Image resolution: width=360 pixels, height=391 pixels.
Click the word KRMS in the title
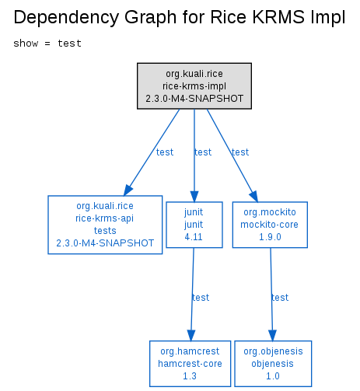point(278,17)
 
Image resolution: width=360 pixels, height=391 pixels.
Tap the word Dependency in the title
point(66,18)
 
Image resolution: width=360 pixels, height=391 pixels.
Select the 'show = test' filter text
point(47,44)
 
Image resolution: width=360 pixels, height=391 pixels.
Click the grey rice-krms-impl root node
point(194,86)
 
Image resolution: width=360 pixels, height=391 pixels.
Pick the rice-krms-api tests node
point(105,225)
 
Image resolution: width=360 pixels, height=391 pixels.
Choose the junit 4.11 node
point(194,225)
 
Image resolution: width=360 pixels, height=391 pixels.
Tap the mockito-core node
point(270,225)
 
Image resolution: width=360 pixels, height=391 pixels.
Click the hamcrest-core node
point(190,364)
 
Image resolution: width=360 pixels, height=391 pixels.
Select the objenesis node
point(273,364)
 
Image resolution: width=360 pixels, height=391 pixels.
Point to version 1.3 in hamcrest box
point(190,376)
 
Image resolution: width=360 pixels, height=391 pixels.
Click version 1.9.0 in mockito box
point(270,237)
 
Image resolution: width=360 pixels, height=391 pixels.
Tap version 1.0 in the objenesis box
point(273,376)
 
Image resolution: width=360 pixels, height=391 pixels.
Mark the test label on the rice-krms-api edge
point(165,152)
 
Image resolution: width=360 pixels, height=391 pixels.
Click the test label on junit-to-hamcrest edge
point(201,298)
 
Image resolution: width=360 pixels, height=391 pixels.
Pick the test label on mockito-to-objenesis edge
point(280,298)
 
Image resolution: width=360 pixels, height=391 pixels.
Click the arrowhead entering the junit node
point(194,197)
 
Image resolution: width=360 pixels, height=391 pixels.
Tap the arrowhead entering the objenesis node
point(272,335)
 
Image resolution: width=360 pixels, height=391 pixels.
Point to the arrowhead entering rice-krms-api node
point(128,190)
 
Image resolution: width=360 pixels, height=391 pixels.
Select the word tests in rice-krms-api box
point(105,231)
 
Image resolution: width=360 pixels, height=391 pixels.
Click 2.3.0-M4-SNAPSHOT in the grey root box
point(194,99)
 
